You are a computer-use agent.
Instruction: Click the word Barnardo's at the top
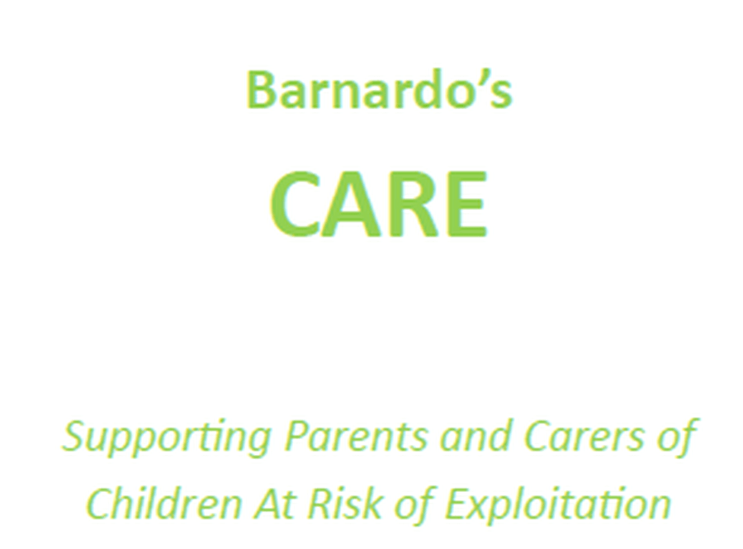[x=380, y=89]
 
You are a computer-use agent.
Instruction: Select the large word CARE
[x=379, y=204]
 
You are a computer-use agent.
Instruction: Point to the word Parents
[x=356, y=436]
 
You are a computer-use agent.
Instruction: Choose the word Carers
[x=584, y=436]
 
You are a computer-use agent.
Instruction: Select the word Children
[x=164, y=503]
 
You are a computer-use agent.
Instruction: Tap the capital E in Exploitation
[x=460, y=504]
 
